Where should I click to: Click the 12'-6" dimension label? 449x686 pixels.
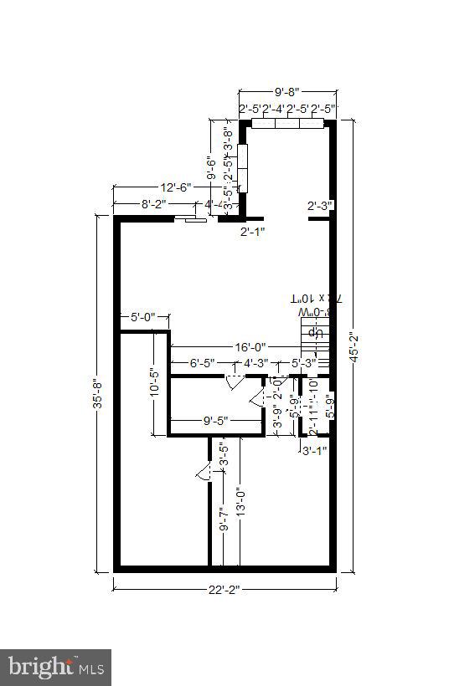click(175, 187)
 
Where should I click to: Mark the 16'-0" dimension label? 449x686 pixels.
click(249, 346)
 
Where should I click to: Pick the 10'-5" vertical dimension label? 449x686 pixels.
click(153, 385)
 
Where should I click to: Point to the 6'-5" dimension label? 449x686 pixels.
click(202, 363)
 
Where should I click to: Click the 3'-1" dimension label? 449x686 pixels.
click(314, 450)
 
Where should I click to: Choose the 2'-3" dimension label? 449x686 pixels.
click(320, 206)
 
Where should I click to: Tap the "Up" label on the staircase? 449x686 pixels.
click(317, 332)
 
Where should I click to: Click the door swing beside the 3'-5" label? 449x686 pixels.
click(203, 474)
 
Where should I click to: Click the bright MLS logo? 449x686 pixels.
click(55, 668)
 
